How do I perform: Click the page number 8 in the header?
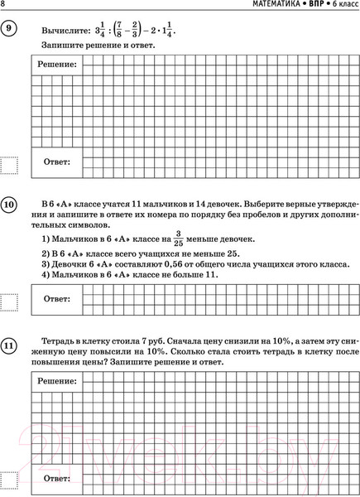pyautogui.click(x=4, y=6)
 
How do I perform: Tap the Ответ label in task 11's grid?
pyautogui.click(x=56, y=479)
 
